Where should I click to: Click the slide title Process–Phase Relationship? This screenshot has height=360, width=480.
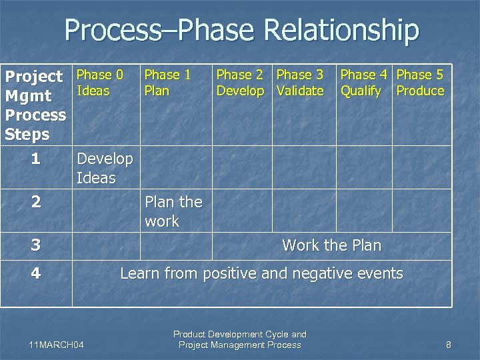click(x=241, y=31)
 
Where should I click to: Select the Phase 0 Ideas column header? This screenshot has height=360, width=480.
click(x=100, y=83)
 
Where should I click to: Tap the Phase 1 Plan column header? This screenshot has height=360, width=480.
click(x=167, y=83)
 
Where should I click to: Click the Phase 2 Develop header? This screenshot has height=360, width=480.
click(x=240, y=83)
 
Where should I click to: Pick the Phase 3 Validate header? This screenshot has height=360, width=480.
click(x=300, y=83)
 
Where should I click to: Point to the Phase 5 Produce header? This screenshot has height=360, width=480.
click(x=420, y=83)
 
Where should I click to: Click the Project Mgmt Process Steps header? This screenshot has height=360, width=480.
click(x=35, y=105)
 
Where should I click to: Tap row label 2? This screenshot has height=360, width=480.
click(x=35, y=202)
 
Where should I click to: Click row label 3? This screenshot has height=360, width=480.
click(x=35, y=245)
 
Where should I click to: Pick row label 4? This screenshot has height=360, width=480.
click(x=35, y=273)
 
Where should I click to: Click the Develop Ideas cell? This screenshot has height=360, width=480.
click(x=105, y=168)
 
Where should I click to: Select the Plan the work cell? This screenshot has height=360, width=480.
click(x=173, y=211)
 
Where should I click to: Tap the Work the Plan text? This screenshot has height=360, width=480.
click(x=331, y=245)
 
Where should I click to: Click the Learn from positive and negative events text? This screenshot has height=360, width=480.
click(x=261, y=273)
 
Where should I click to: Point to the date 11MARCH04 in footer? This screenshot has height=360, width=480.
click(x=57, y=345)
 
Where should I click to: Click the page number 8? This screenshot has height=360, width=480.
click(x=449, y=345)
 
